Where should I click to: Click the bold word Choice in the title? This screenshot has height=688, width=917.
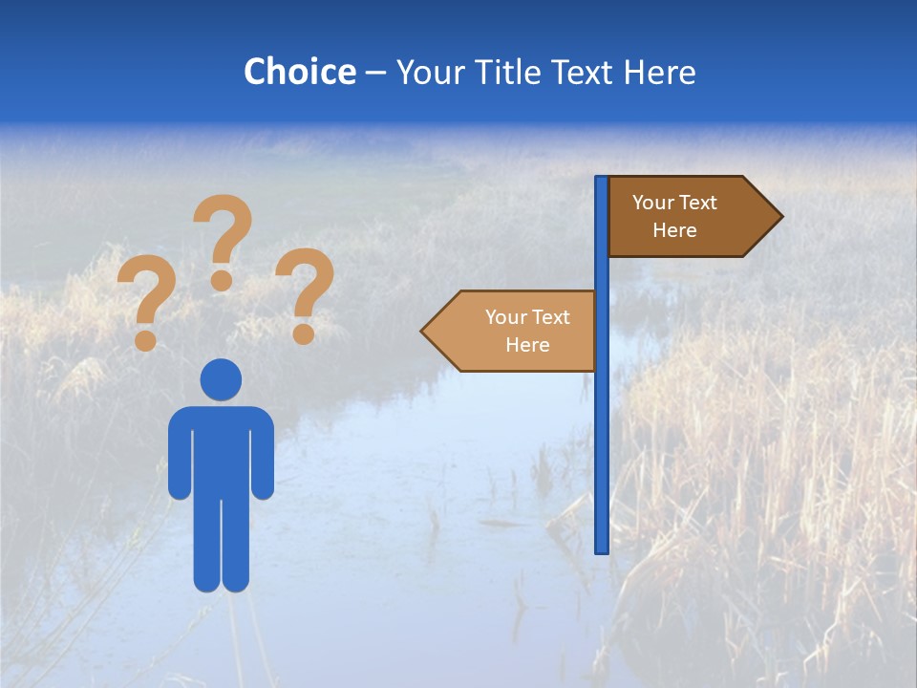[x=299, y=72]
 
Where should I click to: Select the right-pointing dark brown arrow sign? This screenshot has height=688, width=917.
[x=688, y=216]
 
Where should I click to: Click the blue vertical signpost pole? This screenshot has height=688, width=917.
[x=602, y=430]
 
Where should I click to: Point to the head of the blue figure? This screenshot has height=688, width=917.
[x=221, y=379]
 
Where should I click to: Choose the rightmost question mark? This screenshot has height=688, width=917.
[x=305, y=291]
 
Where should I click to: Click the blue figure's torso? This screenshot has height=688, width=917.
[x=221, y=449]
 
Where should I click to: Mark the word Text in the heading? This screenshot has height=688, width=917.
[x=585, y=72]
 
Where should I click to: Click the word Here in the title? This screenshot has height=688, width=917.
[x=659, y=72]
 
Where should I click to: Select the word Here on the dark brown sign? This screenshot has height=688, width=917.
[x=674, y=230]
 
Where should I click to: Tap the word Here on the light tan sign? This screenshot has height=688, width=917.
[x=527, y=345]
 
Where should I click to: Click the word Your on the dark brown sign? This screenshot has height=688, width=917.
[x=653, y=203]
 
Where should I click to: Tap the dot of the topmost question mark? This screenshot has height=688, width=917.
[x=222, y=280]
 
